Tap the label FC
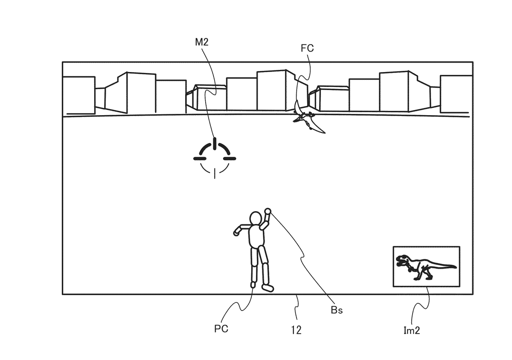(x=307, y=48)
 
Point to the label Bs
(x=337, y=310)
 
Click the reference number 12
(x=296, y=330)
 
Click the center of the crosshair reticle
(x=215, y=158)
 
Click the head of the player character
(x=256, y=218)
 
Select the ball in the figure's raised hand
(x=268, y=211)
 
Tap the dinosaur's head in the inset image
(x=402, y=260)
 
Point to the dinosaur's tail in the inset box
(x=446, y=267)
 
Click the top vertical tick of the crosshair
(x=215, y=142)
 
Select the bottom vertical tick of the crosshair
(x=215, y=173)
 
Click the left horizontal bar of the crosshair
(x=199, y=158)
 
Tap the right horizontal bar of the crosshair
(x=230, y=158)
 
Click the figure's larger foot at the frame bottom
(x=268, y=288)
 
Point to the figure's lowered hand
(x=237, y=233)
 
